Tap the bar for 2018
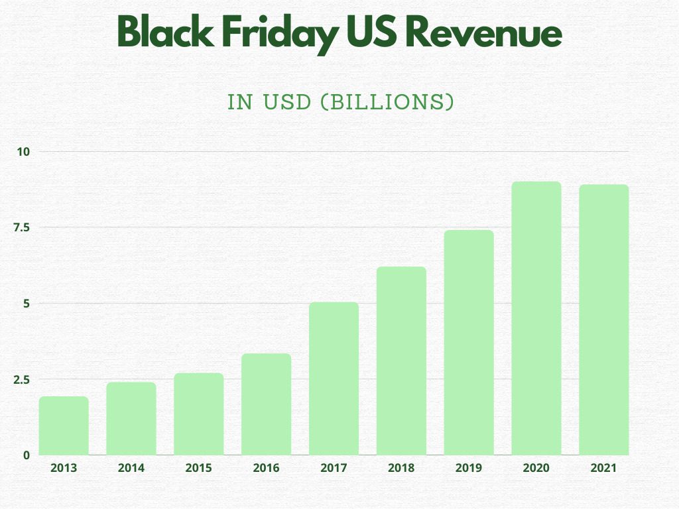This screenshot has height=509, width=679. (x=401, y=361)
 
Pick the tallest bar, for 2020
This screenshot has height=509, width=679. (x=536, y=318)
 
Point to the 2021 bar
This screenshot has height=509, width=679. (x=604, y=320)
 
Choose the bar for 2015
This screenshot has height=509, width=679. (x=199, y=414)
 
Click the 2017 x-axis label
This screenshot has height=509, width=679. (x=334, y=468)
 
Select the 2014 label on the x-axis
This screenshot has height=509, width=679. (x=131, y=468)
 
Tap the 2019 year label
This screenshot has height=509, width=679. (x=469, y=468)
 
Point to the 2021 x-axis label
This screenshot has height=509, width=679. (x=603, y=468)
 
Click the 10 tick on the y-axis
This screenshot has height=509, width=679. (x=24, y=152)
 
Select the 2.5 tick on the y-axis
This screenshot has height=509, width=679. (x=22, y=379)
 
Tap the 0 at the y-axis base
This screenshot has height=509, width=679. (x=27, y=455)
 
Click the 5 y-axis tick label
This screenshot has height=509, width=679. (x=27, y=304)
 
